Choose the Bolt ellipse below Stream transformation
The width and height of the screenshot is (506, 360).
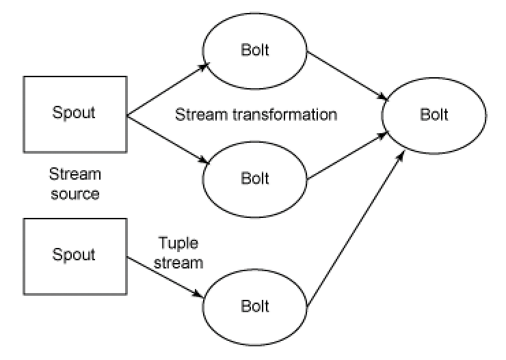coord(255,177)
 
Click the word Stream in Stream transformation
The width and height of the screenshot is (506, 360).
coord(198,114)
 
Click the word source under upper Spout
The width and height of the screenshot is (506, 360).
coord(75,194)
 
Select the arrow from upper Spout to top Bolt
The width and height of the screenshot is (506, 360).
coord(168,87)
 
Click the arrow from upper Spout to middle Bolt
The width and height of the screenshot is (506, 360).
coord(168,140)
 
